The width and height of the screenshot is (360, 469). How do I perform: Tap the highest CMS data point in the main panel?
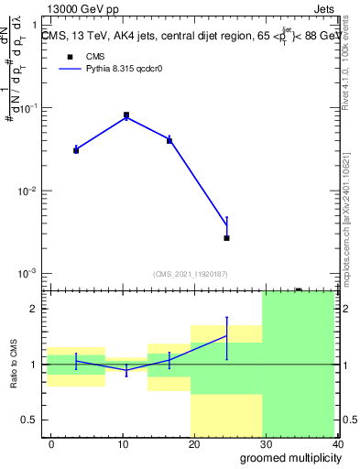point(126,115)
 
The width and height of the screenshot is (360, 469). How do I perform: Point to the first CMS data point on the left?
point(76,150)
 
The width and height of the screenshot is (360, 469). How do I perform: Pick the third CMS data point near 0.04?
point(169,141)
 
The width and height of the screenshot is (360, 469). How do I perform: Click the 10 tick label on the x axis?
point(123,444)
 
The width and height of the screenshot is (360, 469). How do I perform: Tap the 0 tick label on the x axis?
point(51,444)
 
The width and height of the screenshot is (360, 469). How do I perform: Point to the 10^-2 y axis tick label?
point(27,191)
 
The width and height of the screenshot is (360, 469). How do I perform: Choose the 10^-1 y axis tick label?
point(27,109)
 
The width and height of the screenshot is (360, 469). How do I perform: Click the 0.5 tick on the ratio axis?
point(29,420)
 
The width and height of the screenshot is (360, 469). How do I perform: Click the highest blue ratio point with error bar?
point(226,336)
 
